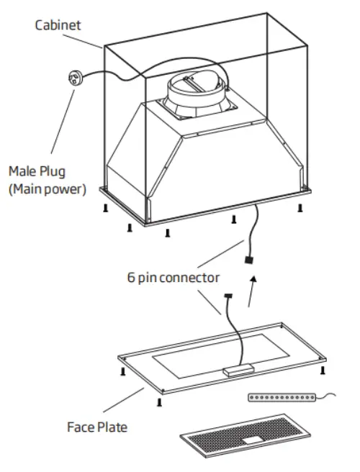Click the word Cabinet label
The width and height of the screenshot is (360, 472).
tap(60, 25)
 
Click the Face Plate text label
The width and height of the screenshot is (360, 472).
tap(97, 427)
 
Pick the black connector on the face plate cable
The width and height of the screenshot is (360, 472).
tap(230, 296)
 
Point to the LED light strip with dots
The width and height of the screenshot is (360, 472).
tap(283, 397)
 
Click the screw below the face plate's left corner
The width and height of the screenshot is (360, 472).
tap(124, 371)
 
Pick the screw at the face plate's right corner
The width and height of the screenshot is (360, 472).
tap(323, 370)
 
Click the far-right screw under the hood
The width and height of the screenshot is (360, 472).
tap(299, 208)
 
